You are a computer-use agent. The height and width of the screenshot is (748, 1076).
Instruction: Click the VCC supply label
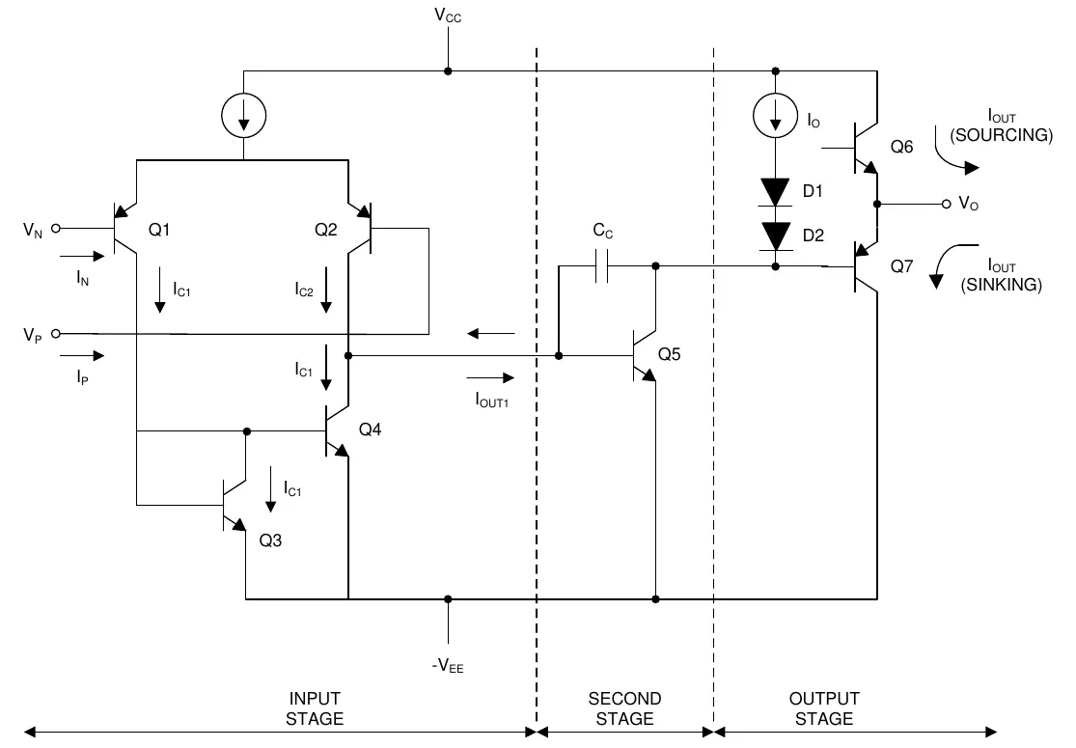point(447,17)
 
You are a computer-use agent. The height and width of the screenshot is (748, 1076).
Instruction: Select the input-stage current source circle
point(243,117)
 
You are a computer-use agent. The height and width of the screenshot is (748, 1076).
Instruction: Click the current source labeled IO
point(775,117)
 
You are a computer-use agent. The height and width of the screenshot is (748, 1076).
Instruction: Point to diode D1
point(775,191)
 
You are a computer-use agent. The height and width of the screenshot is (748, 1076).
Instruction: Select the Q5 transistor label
point(670,354)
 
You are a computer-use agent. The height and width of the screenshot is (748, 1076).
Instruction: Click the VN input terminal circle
point(56,229)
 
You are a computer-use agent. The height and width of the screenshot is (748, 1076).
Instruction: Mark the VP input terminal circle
point(56,334)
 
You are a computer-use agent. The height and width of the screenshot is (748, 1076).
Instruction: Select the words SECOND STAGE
point(624,708)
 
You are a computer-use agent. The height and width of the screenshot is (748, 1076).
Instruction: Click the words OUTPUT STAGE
point(823,708)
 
